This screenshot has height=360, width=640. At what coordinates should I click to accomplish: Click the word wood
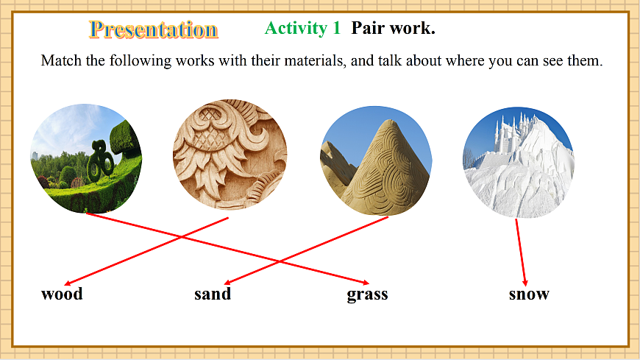62,294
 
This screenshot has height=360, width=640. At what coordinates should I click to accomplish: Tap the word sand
213,294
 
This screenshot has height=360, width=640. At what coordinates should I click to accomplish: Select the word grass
367,294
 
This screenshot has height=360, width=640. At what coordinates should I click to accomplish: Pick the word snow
529,294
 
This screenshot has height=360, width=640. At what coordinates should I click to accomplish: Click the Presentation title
154,29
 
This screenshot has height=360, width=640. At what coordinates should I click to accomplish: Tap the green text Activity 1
302,29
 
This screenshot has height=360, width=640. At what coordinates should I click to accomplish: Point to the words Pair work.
393,29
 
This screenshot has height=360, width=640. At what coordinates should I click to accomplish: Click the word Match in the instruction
61,61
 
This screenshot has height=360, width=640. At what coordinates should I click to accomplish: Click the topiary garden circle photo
86,158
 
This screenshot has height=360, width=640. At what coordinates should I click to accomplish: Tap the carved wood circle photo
229,155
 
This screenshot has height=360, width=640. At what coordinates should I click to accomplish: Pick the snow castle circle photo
518,162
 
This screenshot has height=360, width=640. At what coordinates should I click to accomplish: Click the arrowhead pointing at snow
525,283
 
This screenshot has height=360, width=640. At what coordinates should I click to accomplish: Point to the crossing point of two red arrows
181,236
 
